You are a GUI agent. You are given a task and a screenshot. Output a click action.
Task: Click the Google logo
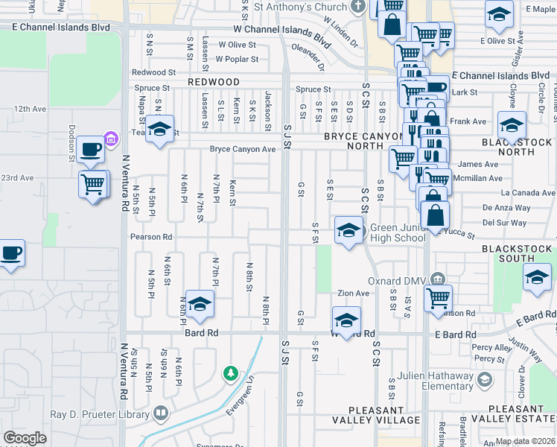pos(25,438)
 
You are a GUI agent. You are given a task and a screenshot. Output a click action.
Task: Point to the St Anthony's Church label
pos(310,7)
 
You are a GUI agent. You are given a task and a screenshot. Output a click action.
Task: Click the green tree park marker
pos(231,372)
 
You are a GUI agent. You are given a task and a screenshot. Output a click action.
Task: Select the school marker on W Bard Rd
pos(346,320)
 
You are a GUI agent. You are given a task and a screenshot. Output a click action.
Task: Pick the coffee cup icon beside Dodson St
pos(89,148)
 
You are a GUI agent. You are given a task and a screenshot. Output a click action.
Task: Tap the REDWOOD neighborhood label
pos(214,82)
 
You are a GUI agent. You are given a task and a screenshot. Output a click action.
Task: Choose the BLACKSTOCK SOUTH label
pos(518,253)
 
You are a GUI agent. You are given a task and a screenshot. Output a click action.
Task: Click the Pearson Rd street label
pos(151,237)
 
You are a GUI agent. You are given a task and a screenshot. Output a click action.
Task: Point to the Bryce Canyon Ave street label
pos(243,149)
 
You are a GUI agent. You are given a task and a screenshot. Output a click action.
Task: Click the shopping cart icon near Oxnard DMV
pos(438,297)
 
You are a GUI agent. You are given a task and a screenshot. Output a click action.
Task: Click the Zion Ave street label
pos(353,294)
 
